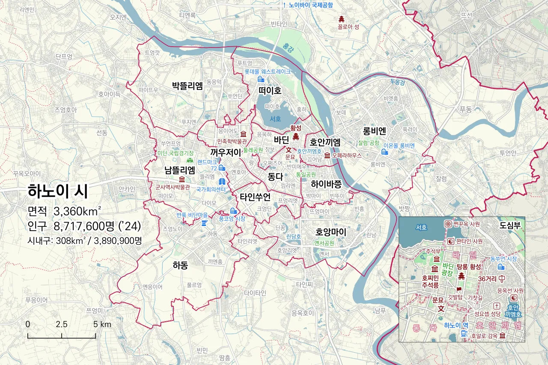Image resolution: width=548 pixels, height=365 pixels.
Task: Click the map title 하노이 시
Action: click(x=58, y=191)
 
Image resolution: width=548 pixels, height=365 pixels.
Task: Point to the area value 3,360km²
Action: click(x=77, y=211)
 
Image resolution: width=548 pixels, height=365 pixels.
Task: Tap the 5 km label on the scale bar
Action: click(x=102, y=324)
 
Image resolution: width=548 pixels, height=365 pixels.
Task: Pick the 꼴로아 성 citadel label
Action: click(x=348, y=26)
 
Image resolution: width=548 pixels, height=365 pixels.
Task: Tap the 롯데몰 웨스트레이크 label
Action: click(x=267, y=71)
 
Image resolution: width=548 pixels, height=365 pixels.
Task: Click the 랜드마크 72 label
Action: click(x=207, y=165)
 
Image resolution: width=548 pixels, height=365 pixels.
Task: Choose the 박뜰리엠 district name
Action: click(x=187, y=85)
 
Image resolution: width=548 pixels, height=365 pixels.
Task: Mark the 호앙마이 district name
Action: click(x=331, y=232)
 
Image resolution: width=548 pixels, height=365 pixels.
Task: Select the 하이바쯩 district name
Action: click(x=326, y=185)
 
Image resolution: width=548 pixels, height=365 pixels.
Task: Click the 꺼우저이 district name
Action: click(x=226, y=152)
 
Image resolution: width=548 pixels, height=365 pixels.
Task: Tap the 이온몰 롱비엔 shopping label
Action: click(x=399, y=145)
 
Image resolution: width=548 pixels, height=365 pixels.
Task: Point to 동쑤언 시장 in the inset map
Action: click(x=503, y=259)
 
